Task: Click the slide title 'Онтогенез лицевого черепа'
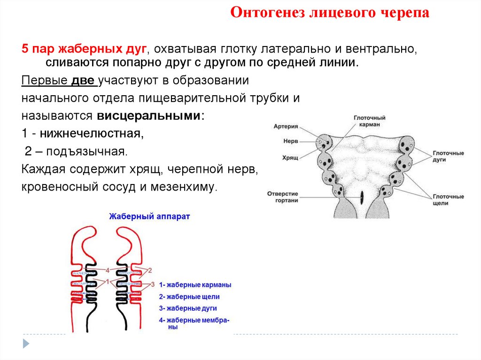coord(329,13)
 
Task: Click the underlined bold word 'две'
coord(84,80)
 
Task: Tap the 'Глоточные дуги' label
coord(448,157)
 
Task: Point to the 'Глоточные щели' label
coord(448,200)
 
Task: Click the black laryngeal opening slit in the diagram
coord(362,197)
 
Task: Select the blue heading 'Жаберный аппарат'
coord(149,217)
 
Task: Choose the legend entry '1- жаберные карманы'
coord(195,285)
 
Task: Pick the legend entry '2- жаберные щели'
coord(189,297)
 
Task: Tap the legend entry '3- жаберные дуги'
coord(188,308)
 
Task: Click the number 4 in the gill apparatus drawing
coord(108,270)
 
